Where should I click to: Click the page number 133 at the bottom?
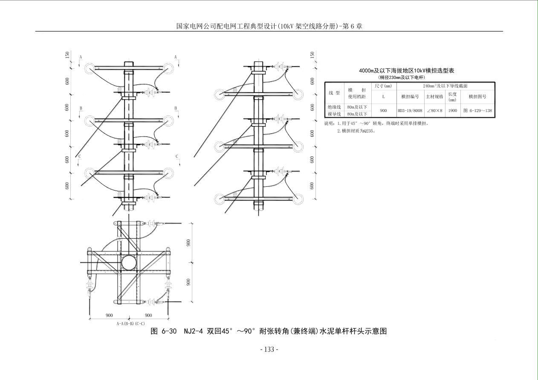tap(269, 349)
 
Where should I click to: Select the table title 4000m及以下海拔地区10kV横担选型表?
tap(407, 71)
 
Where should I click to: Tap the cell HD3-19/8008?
tap(410, 111)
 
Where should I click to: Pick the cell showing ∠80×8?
tap(434, 111)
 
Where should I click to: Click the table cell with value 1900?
tap(452, 111)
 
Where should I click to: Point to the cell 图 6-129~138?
tap(477, 111)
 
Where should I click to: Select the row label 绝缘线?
tap(334, 107)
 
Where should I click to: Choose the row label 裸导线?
tap(334, 114)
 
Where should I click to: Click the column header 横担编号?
tap(410, 97)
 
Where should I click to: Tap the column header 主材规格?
tap(434, 97)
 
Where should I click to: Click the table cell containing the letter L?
tap(383, 97)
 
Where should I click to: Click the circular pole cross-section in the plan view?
tap(128, 263)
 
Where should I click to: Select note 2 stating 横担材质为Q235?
tap(356, 131)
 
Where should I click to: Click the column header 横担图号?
tap(477, 97)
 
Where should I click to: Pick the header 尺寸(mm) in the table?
tap(383, 86)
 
